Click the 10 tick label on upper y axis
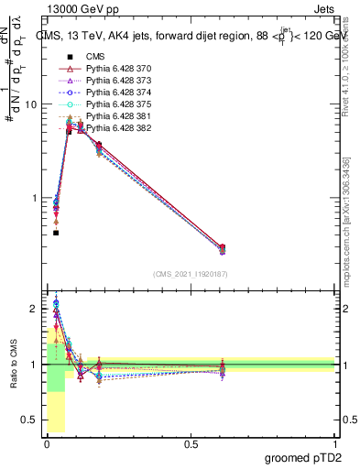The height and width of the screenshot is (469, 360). click(31, 104)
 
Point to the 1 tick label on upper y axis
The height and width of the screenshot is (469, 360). click(35, 198)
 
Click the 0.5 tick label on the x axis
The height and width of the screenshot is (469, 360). click(191, 444)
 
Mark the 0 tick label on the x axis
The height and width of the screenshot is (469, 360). click(47, 444)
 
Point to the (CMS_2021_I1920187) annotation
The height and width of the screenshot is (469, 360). click(191, 275)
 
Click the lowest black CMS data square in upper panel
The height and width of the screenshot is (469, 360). click(56, 233)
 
